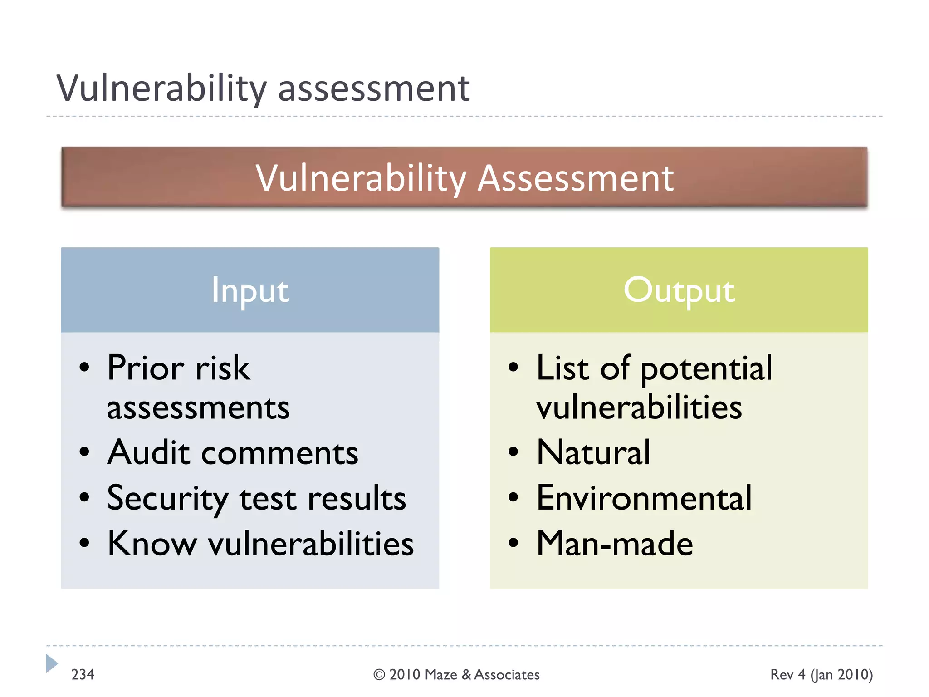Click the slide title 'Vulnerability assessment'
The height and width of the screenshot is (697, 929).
(263, 88)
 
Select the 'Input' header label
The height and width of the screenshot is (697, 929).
(250, 290)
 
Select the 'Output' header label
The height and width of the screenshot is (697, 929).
(679, 290)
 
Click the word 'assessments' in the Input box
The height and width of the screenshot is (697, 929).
(198, 407)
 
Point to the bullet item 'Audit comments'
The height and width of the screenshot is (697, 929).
(233, 453)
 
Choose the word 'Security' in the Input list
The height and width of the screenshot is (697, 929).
(167, 499)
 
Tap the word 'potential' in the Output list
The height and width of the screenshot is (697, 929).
(706, 368)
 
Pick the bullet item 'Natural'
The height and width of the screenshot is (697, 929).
(593, 453)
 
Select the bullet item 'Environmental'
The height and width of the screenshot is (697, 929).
(644, 498)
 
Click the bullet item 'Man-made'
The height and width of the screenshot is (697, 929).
(615, 543)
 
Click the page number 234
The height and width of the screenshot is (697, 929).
(83, 674)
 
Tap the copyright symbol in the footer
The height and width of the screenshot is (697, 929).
(379, 675)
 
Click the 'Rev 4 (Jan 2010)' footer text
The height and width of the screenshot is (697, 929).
(821, 675)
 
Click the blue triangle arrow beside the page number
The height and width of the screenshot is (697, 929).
(51, 663)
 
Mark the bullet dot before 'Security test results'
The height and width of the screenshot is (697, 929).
(84, 497)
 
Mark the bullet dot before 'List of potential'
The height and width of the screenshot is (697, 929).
(513, 367)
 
